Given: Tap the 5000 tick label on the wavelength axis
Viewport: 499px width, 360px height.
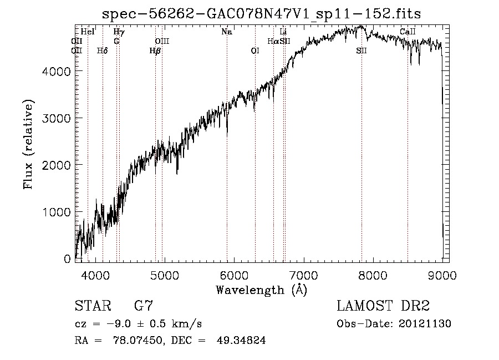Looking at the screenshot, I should [164, 274].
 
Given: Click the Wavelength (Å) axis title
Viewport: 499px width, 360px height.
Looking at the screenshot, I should [261, 289].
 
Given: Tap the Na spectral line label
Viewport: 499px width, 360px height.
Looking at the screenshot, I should [226, 32].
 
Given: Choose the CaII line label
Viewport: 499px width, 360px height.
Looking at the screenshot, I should [408, 32].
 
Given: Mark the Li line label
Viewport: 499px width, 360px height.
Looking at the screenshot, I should [283, 32].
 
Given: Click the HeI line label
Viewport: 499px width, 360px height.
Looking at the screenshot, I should [88, 32].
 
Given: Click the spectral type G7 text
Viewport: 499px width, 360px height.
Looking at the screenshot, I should [144, 306].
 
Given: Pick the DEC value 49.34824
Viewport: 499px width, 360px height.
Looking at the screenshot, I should [242, 341].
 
